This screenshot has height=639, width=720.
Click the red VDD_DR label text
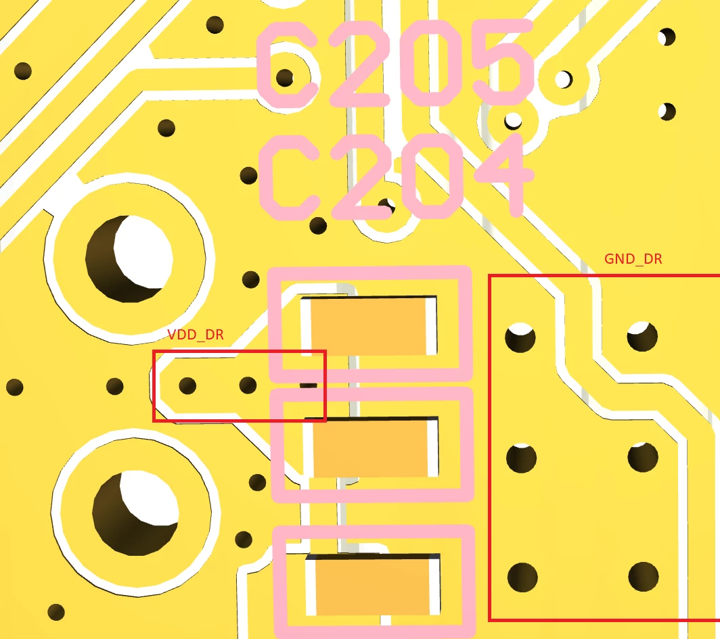[x=196, y=335]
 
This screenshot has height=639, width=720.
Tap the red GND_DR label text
[x=633, y=259]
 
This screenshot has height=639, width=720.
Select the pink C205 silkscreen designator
[x=395, y=64]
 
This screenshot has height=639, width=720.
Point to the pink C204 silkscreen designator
[x=397, y=176]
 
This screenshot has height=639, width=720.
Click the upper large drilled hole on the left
[x=129, y=259]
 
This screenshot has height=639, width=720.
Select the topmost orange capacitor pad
[x=369, y=326]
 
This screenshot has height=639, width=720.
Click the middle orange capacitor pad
[x=371, y=447]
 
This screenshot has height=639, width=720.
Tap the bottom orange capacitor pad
[x=373, y=584]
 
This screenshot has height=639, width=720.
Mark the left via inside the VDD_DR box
[x=187, y=386]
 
